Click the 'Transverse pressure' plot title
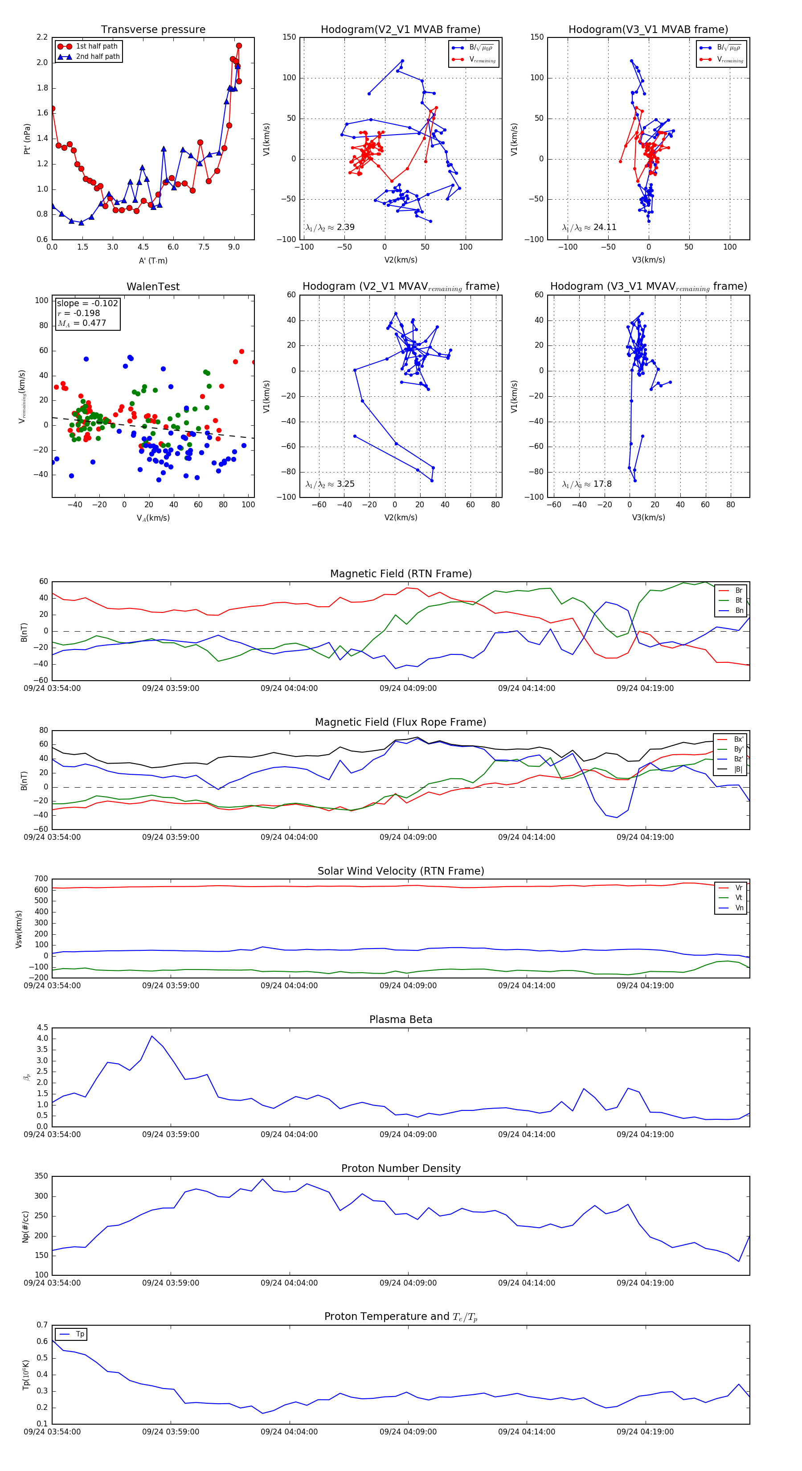pyautogui.click(x=153, y=30)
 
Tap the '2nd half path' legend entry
pyautogui.click(x=98, y=57)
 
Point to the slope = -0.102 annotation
pyautogui.click(x=87, y=303)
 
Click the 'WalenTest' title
pyautogui.click(x=153, y=287)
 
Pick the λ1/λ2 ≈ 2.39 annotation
pyautogui.click(x=330, y=227)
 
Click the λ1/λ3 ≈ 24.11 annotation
pyautogui.click(x=589, y=227)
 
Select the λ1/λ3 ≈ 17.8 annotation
pyautogui.click(x=587, y=484)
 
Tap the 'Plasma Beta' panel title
pyautogui.click(x=401, y=1019)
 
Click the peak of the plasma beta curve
pyautogui.click(x=152, y=1036)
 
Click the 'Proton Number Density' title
pyautogui.click(x=401, y=1168)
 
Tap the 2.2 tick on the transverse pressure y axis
pyautogui.click(x=42, y=37)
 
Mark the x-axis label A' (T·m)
pyautogui.click(x=153, y=260)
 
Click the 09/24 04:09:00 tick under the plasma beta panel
pyautogui.click(x=408, y=1134)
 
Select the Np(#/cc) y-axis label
pyautogui.click(x=25, y=1227)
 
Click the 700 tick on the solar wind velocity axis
pyautogui.click(x=41, y=879)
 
